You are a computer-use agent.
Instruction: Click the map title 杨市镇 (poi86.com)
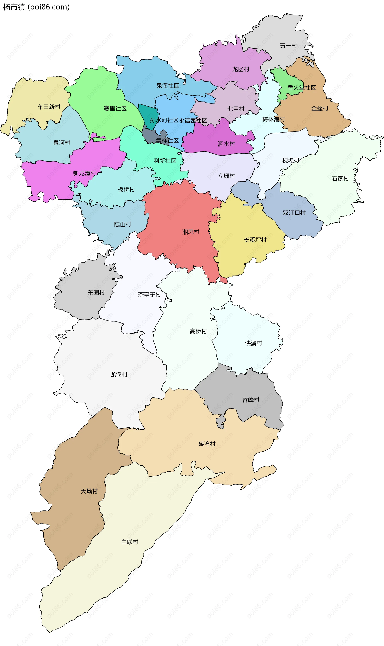coord(36,7)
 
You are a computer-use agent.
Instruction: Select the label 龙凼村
coord(241,69)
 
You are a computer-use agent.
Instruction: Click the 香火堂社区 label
coord(302,88)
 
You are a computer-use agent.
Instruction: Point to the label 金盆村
coord(320,108)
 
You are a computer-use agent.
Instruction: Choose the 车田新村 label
coord(49,107)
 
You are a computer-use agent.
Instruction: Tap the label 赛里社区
coord(115,108)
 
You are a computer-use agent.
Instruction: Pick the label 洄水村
coord(226,144)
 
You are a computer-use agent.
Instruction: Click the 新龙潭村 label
coord(85,173)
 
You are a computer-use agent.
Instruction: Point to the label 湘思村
coord(191,232)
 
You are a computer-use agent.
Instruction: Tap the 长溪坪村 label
coord(255,240)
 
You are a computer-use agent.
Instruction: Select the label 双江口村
coord(294,213)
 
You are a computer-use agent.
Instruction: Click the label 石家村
coord(340,178)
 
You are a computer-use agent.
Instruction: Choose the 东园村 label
coord(96,293)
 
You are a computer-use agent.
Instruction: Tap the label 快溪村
coord(254,343)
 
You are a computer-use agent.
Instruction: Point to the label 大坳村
coord(89,491)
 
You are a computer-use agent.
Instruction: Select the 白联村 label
coord(130,542)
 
